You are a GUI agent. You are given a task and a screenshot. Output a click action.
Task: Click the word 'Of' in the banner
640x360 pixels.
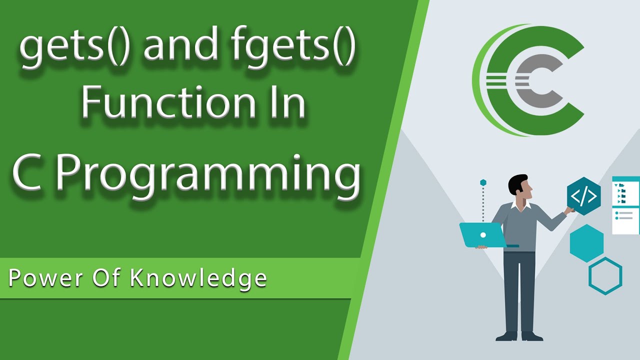click(x=106, y=278)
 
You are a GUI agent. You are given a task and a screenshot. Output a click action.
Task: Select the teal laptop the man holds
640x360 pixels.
click(x=482, y=234)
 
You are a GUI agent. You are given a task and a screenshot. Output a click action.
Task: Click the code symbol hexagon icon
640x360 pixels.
click(x=583, y=196)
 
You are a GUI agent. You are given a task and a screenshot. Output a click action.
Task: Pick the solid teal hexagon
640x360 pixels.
click(x=586, y=243)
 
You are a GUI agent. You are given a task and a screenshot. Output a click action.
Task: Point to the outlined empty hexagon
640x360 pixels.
click(x=605, y=275)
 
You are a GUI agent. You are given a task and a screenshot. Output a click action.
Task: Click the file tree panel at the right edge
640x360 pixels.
click(x=626, y=205)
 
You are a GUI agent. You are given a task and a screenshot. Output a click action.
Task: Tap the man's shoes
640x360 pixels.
click(x=519, y=336)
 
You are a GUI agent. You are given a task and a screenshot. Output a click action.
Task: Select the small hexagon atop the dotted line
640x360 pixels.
click(x=483, y=182)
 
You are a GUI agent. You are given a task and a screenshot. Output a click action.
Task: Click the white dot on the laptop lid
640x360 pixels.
click(x=482, y=234)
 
